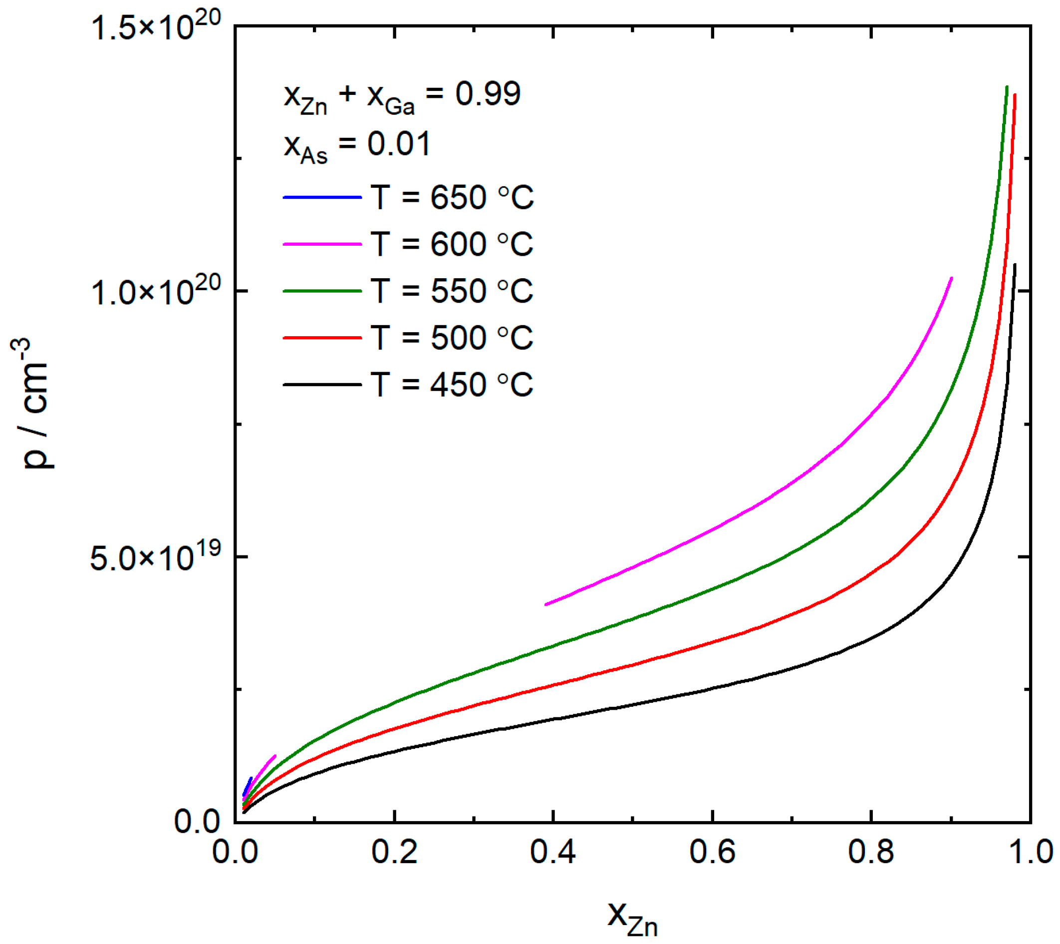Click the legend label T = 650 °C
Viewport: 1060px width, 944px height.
(x=452, y=198)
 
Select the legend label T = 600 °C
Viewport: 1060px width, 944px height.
(x=452, y=244)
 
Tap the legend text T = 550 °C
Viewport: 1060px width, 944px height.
(x=452, y=291)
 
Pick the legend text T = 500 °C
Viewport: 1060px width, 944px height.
(x=452, y=338)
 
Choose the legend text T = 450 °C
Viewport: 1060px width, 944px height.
(x=452, y=385)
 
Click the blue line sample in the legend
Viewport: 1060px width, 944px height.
(x=322, y=198)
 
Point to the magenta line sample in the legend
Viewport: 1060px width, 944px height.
(x=322, y=244)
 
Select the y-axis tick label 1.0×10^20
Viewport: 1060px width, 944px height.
(x=156, y=292)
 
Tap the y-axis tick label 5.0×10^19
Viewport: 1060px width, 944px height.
(x=156, y=557)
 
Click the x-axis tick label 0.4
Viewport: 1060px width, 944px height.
(x=553, y=853)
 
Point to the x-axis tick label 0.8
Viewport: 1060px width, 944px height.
(x=871, y=853)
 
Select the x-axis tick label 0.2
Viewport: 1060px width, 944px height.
(x=394, y=853)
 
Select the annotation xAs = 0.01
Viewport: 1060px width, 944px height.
(x=357, y=146)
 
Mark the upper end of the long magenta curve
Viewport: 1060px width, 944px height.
(x=951, y=279)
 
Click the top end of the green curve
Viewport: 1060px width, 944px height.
(x=1007, y=87)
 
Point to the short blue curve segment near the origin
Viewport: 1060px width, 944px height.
(x=248, y=786)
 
